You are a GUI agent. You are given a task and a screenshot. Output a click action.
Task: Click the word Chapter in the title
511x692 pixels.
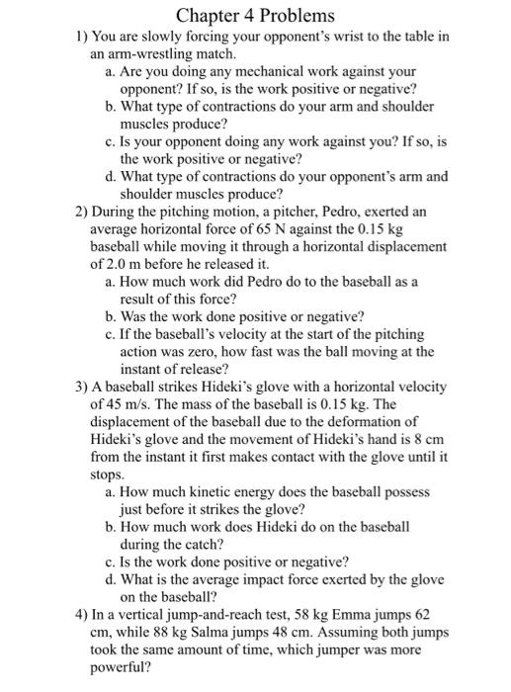click(206, 17)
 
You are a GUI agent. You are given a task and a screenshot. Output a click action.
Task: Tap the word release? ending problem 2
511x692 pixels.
click(218, 370)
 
